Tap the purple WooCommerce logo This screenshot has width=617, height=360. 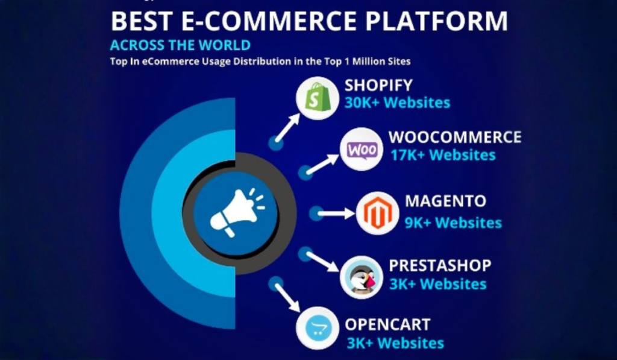362,149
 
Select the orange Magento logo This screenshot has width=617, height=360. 378,213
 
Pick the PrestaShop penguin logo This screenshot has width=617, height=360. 362,277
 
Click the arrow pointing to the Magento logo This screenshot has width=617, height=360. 336,213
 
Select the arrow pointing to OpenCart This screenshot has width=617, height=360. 287,296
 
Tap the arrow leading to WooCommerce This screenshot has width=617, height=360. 324,165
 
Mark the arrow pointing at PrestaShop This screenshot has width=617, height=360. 323,261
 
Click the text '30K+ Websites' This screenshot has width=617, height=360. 397,103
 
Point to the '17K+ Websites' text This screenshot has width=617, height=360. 442,155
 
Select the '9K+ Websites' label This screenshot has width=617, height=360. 453,223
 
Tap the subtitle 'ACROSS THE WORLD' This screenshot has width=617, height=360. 180,45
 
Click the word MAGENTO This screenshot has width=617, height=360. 445,201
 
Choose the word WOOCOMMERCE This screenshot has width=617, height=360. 454,136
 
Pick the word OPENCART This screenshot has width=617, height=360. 387,324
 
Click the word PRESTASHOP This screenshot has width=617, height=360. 440,265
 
